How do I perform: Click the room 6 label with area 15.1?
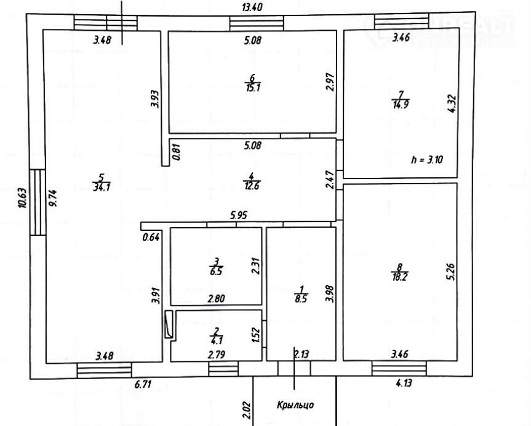(x=252, y=82)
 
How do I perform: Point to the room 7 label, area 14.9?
(x=401, y=99)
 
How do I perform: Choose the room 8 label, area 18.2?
(x=400, y=273)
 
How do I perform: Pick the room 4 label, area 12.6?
(x=251, y=183)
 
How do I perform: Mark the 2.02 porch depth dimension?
(x=246, y=411)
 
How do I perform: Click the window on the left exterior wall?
(x=38, y=202)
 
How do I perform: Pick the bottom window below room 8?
(x=400, y=368)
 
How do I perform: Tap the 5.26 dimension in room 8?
(x=452, y=272)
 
